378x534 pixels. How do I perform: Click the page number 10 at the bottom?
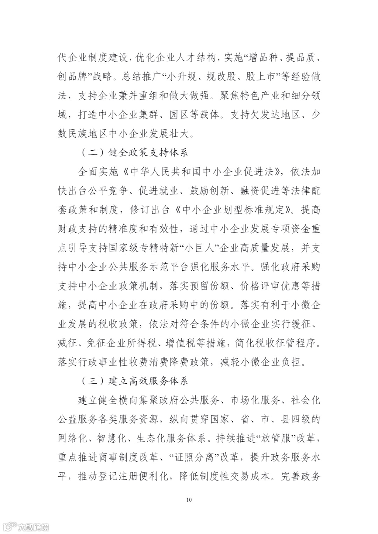tap(189, 500)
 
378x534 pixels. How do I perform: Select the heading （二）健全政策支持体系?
tap(135, 153)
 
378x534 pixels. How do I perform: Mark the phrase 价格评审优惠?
tap(268, 286)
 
